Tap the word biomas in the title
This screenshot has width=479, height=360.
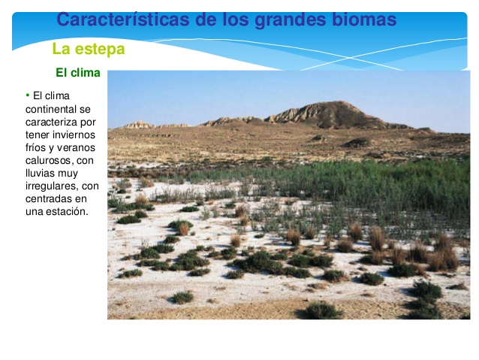pyautogui.click(x=363, y=20)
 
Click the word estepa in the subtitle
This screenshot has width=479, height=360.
pyautogui.click(x=100, y=50)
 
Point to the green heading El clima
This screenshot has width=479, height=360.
pyautogui.click(x=77, y=73)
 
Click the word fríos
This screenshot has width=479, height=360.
pyautogui.click(x=35, y=147)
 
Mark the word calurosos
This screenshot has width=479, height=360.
pyautogui.click(x=49, y=160)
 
